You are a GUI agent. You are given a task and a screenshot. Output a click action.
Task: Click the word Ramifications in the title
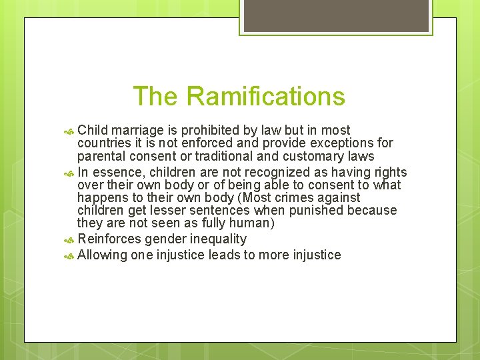point(265,97)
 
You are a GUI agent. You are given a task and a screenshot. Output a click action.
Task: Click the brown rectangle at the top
point(335,16)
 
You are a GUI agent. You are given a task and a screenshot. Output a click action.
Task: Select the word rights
point(390,171)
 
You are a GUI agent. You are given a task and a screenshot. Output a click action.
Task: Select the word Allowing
point(101,255)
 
